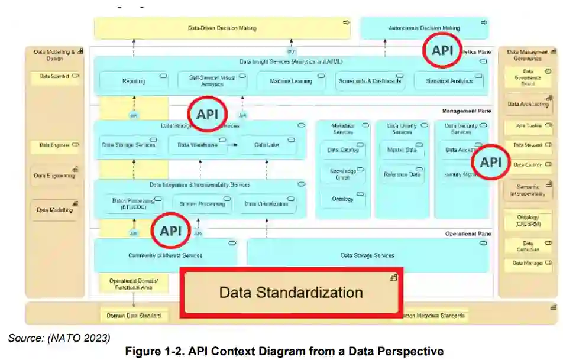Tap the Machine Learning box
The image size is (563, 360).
pyautogui.click(x=291, y=81)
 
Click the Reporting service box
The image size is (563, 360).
pyautogui.click(x=134, y=81)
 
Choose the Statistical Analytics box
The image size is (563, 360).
pyautogui.click(x=449, y=81)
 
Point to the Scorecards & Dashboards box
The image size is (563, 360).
pyautogui.click(x=370, y=81)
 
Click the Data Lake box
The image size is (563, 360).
pyautogui.click(x=267, y=145)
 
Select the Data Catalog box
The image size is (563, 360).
pyautogui.click(x=343, y=150)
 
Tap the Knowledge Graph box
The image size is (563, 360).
pyautogui.click(x=343, y=174)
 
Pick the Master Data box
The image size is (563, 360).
pyautogui.click(x=402, y=150)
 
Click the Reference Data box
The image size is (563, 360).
pyautogui.click(x=402, y=174)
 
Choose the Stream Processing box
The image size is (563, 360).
pyautogui.click(x=202, y=204)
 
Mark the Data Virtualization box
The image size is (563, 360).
pyautogui.click(x=267, y=204)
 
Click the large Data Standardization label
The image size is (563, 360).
pyautogui.click(x=291, y=292)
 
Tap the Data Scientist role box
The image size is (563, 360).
pyautogui.click(x=55, y=77)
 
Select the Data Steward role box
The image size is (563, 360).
pyautogui.click(x=528, y=145)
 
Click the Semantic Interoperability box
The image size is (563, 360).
pyautogui.click(x=528, y=190)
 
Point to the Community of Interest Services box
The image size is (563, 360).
pyautogui.click(x=166, y=255)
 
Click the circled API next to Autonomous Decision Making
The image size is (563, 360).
pyautogui.click(x=442, y=51)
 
